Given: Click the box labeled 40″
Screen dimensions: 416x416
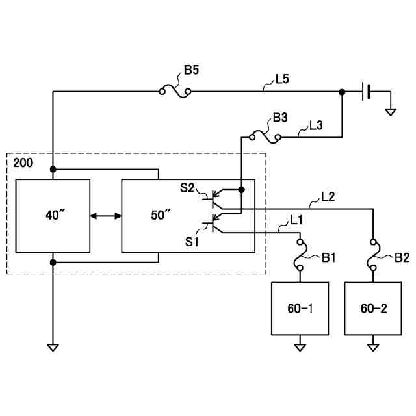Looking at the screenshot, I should [53, 215].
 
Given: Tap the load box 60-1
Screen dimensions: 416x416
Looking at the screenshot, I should [300, 308].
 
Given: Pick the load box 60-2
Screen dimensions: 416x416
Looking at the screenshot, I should [373, 308].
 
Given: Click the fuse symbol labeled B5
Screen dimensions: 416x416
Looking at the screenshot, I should [175, 91].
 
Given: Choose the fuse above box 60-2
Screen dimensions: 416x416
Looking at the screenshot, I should [373, 255].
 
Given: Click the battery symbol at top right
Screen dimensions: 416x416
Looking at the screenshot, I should [366, 92].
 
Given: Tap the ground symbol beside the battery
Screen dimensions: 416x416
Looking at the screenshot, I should [390, 111].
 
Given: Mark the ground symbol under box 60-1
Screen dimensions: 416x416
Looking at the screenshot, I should [300, 346].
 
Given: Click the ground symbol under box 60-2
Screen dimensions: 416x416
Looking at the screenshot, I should [373, 346].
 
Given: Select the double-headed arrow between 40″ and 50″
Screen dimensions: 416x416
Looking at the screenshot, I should [106, 215].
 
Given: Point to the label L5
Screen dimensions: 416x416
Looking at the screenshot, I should [282, 80].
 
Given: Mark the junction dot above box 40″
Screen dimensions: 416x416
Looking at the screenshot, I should [53, 170].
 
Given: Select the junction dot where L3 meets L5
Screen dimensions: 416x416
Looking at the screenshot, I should [342, 92].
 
